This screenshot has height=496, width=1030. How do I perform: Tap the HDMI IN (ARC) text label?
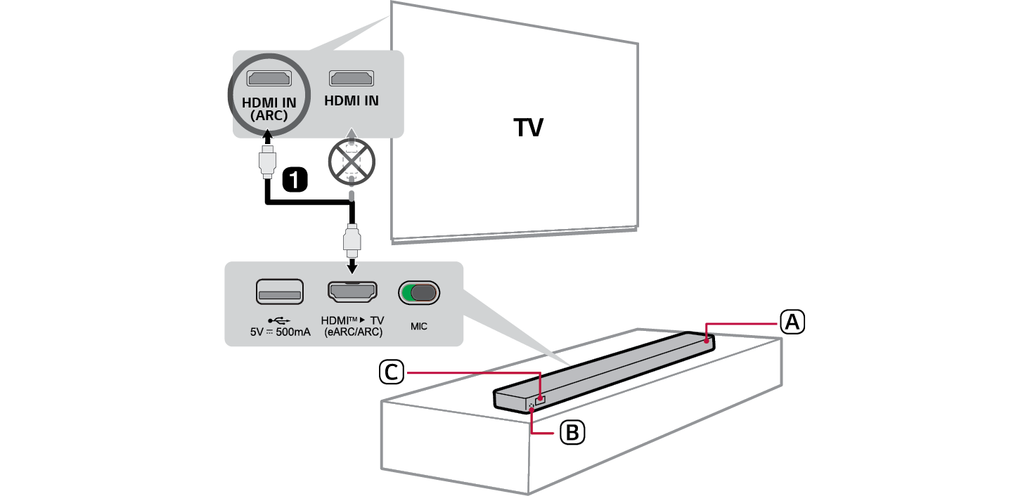coord(269,109)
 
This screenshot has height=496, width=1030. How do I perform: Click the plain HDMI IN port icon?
coord(352,78)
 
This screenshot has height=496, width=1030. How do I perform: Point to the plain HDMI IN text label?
coord(352,101)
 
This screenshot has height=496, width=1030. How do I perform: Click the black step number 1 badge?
coord(295,180)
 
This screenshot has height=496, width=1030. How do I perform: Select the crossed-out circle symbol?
coord(352,159)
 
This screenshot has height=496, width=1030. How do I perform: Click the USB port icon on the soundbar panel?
coord(279,291)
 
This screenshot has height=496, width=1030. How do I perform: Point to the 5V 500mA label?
coord(280,332)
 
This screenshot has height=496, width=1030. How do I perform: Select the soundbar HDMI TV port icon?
coord(352,291)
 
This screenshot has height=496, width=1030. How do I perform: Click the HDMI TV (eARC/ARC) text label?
coord(352,326)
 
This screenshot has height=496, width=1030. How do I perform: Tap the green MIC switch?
coord(419,292)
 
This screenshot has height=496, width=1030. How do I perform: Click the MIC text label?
coord(419,327)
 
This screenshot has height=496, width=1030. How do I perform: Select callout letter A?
coord(792,322)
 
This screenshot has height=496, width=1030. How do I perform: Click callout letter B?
coord(572,433)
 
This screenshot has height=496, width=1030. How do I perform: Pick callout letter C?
coord(390,372)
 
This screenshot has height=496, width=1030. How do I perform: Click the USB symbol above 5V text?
coord(280,320)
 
